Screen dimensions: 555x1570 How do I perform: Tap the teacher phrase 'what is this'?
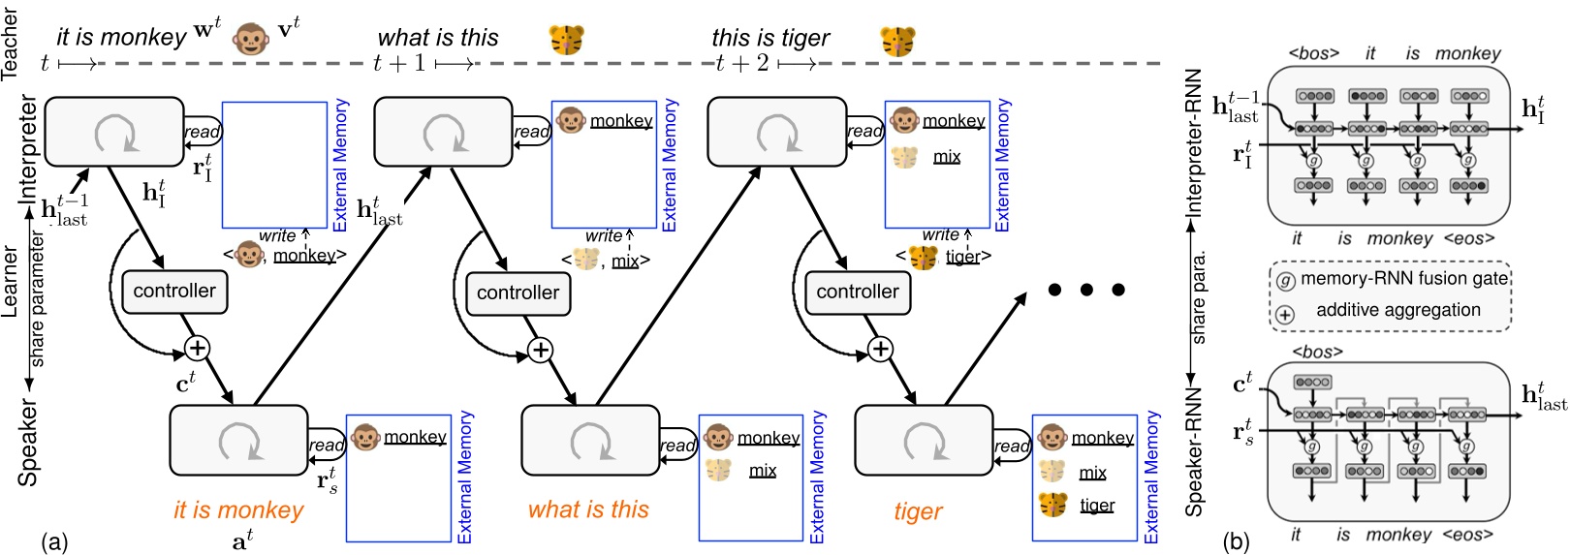coord(438,38)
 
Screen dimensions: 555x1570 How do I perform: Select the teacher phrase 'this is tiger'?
coord(770,38)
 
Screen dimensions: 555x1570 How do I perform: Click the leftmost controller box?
coord(174,292)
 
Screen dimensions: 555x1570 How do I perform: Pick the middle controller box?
coord(518,293)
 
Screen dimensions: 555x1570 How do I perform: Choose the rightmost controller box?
coord(858,292)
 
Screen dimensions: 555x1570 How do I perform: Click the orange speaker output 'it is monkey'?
coord(238,510)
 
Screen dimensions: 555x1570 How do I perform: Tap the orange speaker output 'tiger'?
coord(918,511)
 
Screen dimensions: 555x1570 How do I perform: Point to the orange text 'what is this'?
coord(588,510)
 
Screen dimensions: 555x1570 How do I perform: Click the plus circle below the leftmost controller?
coord(197,349)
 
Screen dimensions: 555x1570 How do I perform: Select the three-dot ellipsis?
coord(1086,290)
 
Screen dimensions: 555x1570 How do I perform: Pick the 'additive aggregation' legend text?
coord(1397,311)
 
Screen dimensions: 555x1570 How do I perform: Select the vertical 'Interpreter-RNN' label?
coord(1194,143)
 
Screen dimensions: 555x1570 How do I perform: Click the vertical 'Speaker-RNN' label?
coord(1194,451)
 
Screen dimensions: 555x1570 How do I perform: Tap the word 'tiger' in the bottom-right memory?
coord(1097,505)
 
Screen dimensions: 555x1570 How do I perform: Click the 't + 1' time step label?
coord(399,64)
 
